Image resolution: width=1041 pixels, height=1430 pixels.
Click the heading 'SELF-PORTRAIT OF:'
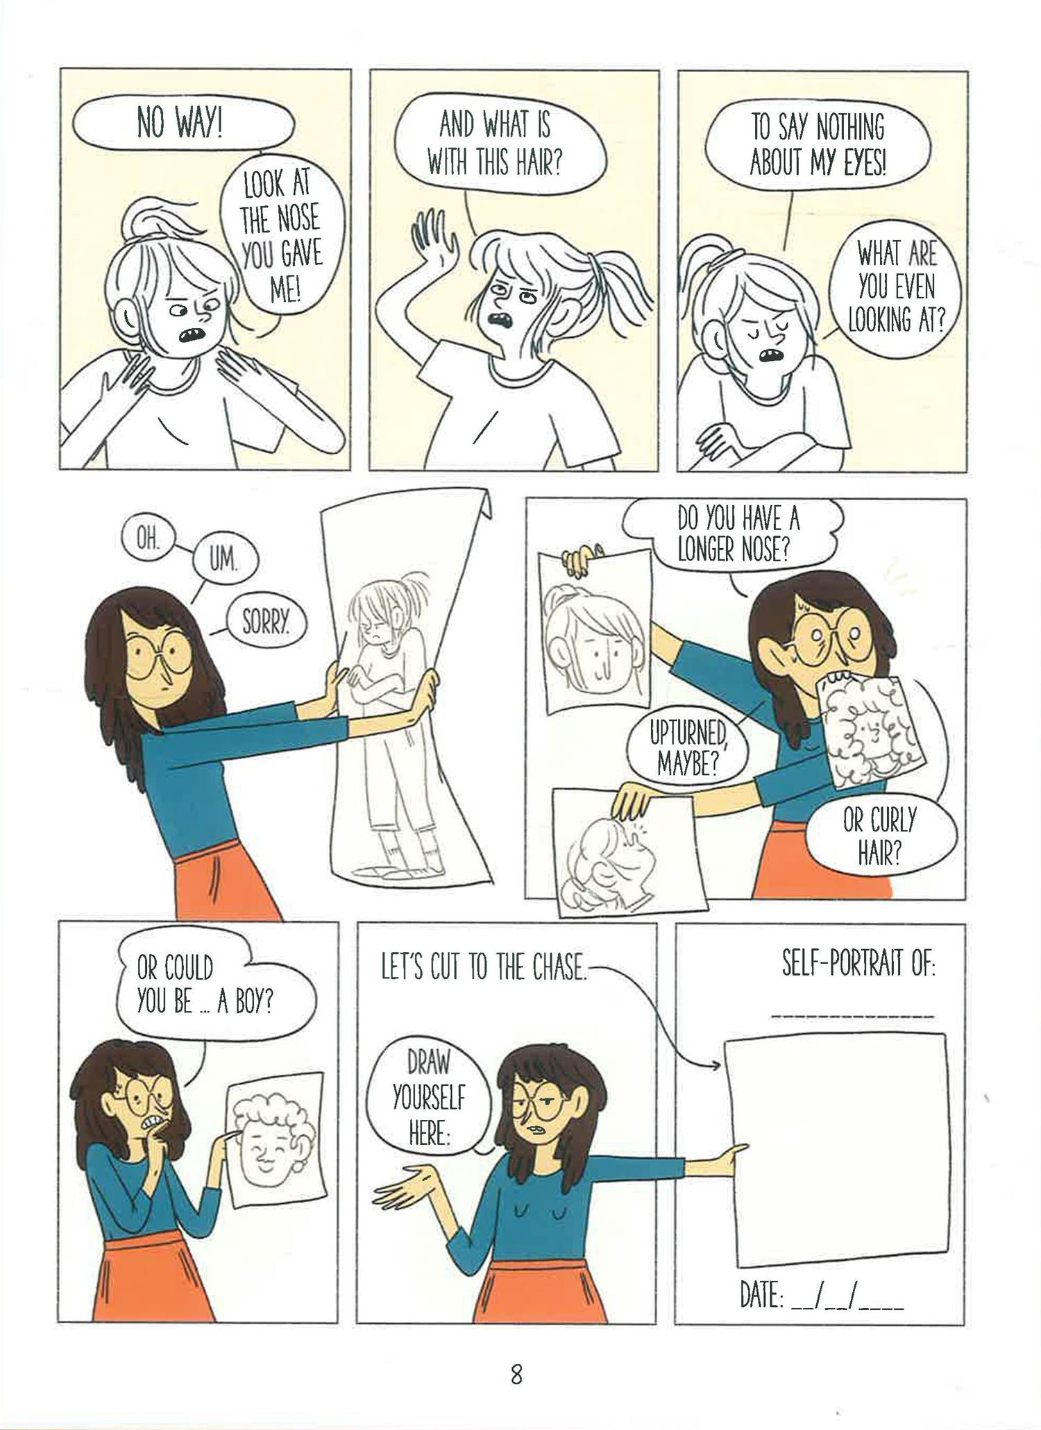[x=858, y=965]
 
